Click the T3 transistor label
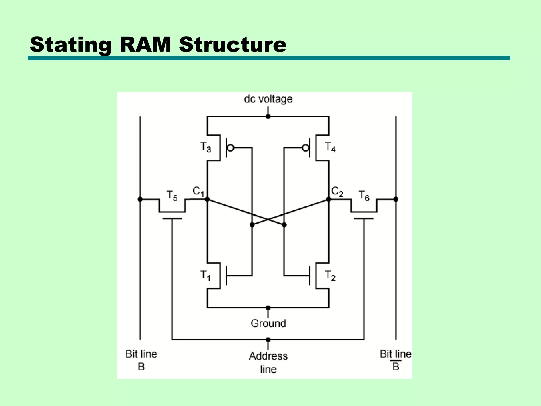[x=206, y=147]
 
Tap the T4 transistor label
[x=330, y=147]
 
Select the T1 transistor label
[x=205, y=275]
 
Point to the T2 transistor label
[x=330, y=275]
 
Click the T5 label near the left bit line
[x=172, y=196]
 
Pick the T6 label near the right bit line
[x=364, y=196]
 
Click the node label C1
[x=198, y=191]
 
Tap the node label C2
[x=337, y=191]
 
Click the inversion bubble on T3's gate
[x=230, y=148]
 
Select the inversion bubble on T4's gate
[x=305, y=148]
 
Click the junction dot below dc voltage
[x=268, y=117]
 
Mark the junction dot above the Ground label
[x=268, y=308]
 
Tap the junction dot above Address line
[x=268, y=340]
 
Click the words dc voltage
[x=268, y=99]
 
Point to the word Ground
[x=268, y=323]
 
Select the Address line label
[x=268, y=362]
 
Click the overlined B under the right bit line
[x=395, y=367]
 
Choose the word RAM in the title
[x=145, y=44]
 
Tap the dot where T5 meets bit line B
[x=140, y=199]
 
